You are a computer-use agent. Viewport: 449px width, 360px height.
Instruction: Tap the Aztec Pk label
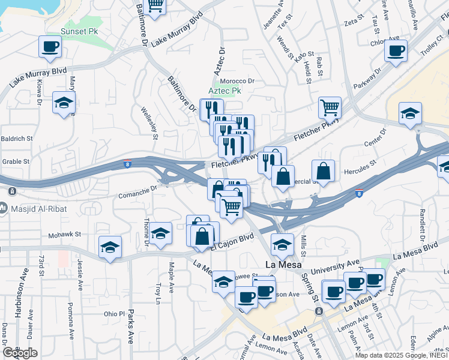(x=224, y=91)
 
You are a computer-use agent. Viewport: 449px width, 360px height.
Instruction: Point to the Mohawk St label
(x=64, y=235)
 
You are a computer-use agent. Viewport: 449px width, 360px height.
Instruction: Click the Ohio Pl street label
(x=113, y=314)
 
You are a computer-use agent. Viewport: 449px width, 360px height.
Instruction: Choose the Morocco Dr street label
(x=237, y=81)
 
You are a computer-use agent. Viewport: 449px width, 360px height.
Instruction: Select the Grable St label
(x=15, y=161)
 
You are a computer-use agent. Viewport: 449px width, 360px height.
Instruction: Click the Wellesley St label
(x=149, y=123)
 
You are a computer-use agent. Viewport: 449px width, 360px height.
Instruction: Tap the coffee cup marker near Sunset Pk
(x=50, y=47)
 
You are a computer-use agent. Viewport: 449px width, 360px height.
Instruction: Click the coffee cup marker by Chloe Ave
(x=396, y=50)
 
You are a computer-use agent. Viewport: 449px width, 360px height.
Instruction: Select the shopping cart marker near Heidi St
(x=330, y=108)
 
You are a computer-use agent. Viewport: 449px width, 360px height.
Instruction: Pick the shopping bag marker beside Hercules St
(x=323, y=171)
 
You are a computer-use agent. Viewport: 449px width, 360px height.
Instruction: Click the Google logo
(x=20, y=353)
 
